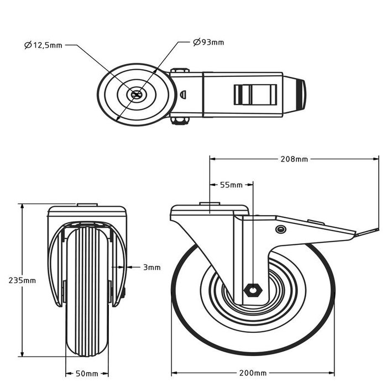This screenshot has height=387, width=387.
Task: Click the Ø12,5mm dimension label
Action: (x=43, y=45)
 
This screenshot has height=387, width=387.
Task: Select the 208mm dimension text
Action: (x=294, y=159)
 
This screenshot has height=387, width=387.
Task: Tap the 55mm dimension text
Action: (x=231, y=185)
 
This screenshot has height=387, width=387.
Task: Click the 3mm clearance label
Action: (x=151, y=268)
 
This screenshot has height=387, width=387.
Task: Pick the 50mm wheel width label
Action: (x=86, y=373)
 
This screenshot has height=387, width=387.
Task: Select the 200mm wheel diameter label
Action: (x=253, y=373)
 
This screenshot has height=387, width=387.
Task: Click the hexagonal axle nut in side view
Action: (x=253, y=290)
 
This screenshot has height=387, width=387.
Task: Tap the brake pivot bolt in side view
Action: (x=280, y=229)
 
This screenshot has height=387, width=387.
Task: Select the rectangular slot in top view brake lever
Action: (x=255, y=95)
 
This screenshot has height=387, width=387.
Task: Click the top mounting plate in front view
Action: (x=87, y=211)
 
